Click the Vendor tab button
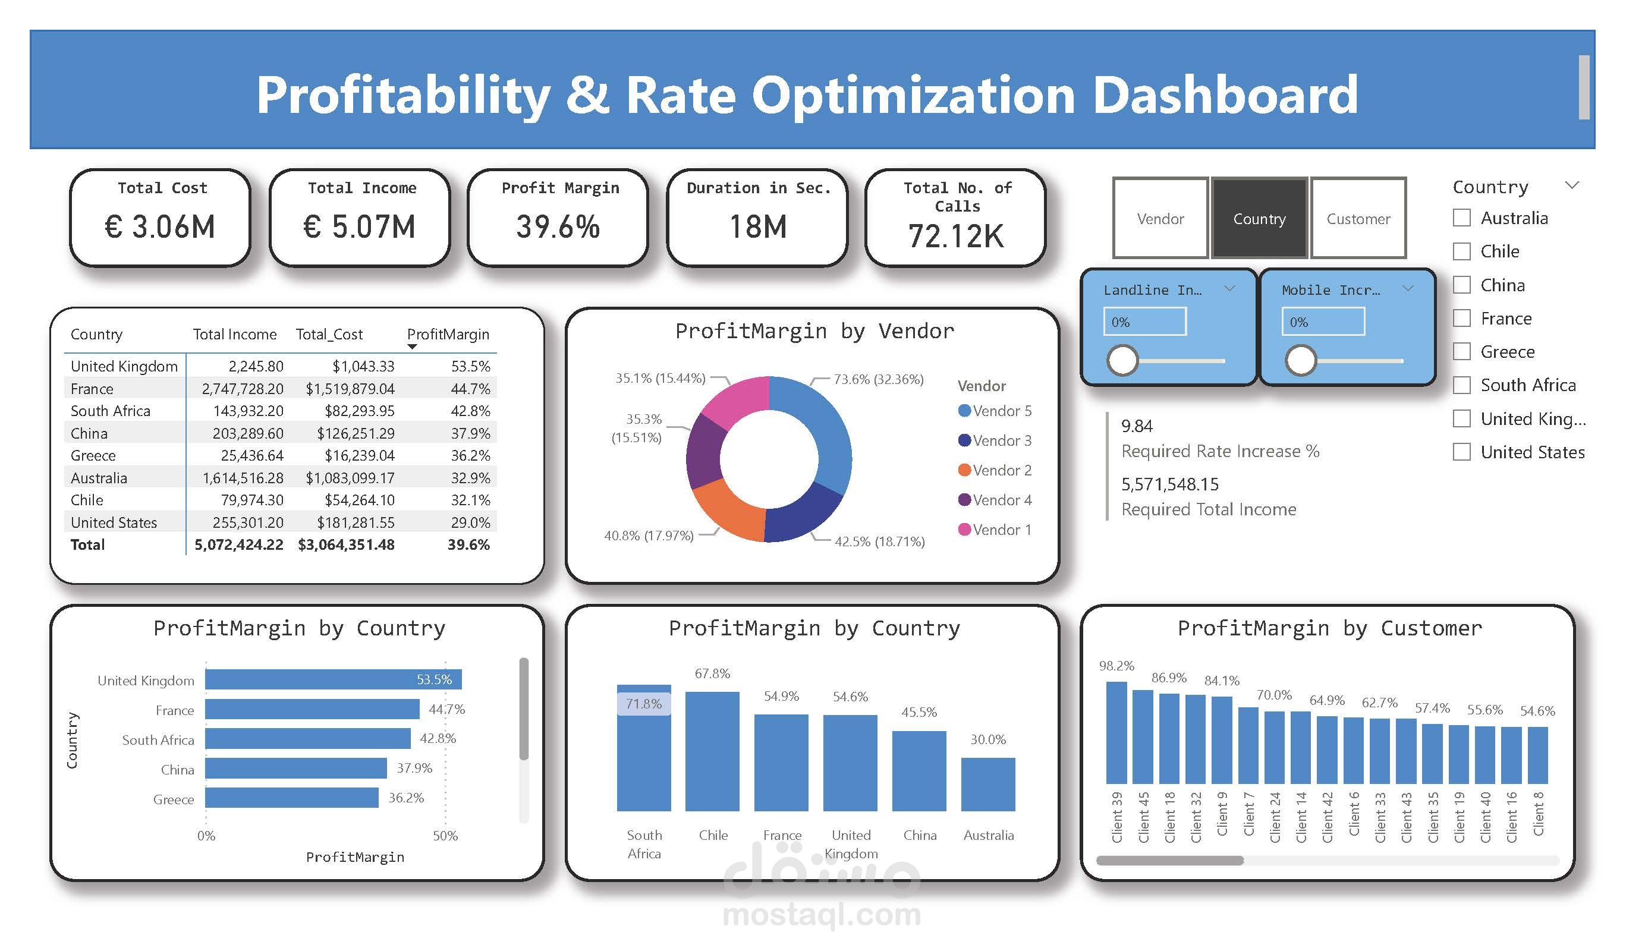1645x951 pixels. coord(1160,218)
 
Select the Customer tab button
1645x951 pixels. coord(1358,218)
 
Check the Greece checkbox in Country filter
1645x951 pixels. coord(1461,352)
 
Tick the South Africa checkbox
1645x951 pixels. coord(1461,385)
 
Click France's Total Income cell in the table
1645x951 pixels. coord(242,389)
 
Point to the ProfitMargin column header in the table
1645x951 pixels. coord(448,334)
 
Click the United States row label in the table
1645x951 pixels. coord(114,522)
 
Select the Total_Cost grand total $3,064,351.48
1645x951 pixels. coord(346,544)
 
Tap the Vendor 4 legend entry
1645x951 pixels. coord(995,500)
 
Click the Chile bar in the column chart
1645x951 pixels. coord(712,751)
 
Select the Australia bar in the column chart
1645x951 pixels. coord(987,785)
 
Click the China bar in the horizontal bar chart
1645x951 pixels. coord(295,769)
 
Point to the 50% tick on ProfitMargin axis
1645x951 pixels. coord(445,836)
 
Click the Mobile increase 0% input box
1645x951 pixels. coord(1323,322)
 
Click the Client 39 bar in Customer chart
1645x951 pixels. coord(1116,732)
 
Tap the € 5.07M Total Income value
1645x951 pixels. coord(359,227)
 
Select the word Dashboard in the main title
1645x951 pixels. coord(1225,95)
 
